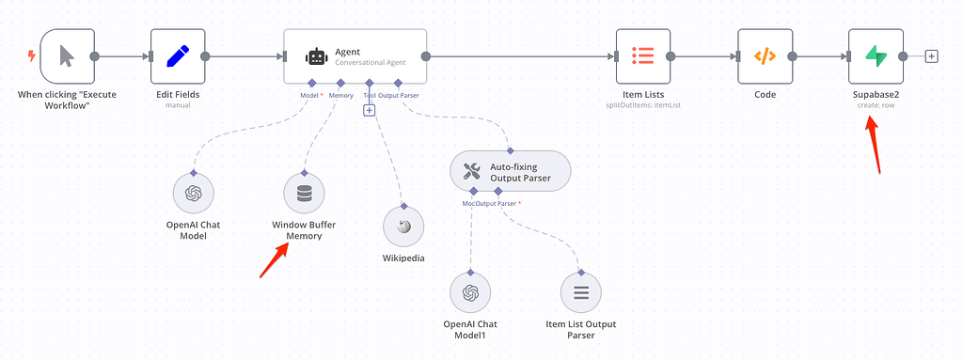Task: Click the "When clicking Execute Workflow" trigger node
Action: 66,55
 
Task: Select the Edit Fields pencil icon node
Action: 178,55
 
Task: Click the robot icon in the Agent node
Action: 316,56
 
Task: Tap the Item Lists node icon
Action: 642,55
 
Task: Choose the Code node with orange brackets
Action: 765,55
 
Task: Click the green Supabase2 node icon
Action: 876,55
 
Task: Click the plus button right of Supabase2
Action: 931,56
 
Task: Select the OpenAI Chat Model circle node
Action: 193,194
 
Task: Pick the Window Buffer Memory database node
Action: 304,194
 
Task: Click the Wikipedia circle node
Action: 403,227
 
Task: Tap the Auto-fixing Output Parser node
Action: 510,171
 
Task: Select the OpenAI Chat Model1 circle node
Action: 469,293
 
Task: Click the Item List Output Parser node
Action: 581,293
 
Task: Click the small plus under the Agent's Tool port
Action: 369,110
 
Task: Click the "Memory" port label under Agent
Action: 340,95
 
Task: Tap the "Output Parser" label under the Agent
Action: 399,95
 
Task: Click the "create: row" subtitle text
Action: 875,105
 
